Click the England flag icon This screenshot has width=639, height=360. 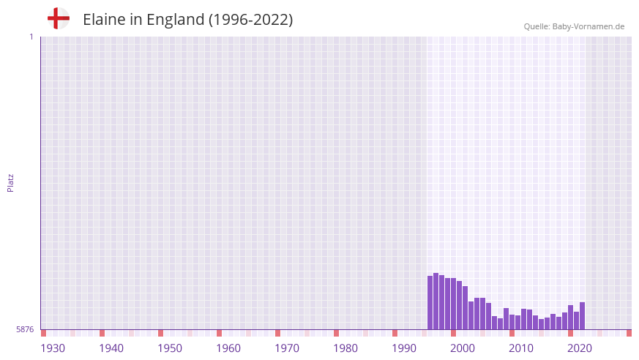pyautogui.click(x=58, y=18)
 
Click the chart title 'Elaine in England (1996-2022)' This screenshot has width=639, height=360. pyautogui.click(x=187, y=20)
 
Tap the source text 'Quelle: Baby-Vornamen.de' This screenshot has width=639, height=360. pyautogui.click(x=574, y=26)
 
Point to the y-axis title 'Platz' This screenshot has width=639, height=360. pyautogui.click(x=10, y=182)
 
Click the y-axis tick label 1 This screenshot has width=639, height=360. pyautogui.click(x=31, y=37)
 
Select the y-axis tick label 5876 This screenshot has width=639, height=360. pyautogui.click(x=25, y=329)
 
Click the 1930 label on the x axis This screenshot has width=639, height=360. pyautogui.click(x=53, y=348)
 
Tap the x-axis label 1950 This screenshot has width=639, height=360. pyautogui.click(x=170, y=348)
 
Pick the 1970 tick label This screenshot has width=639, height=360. pyautogui.click(x=287, y=348)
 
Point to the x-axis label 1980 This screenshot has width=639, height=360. pyautogui.click(x=345, y=348)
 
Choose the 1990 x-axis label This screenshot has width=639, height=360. pyautogui.click(x=404, y=348)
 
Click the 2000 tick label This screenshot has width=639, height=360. pyautogui.click(x=463, y=348)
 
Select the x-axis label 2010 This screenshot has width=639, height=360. pyautogui.click(x=521, y=348)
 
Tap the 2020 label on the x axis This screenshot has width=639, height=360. pyautogui.click(x=580, y=348)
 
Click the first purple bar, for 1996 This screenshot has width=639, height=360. pyautogui.click(x=430, y=303)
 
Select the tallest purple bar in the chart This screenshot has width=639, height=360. pyautogui.click(x=436, y=301)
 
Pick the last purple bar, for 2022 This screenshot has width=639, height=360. pyautogui.click(x=582, y=316)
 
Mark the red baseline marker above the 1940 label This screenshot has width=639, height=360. pyautogui.click(x=102, y=333)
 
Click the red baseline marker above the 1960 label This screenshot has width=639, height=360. pyautogui.click(x=219, y=333)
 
